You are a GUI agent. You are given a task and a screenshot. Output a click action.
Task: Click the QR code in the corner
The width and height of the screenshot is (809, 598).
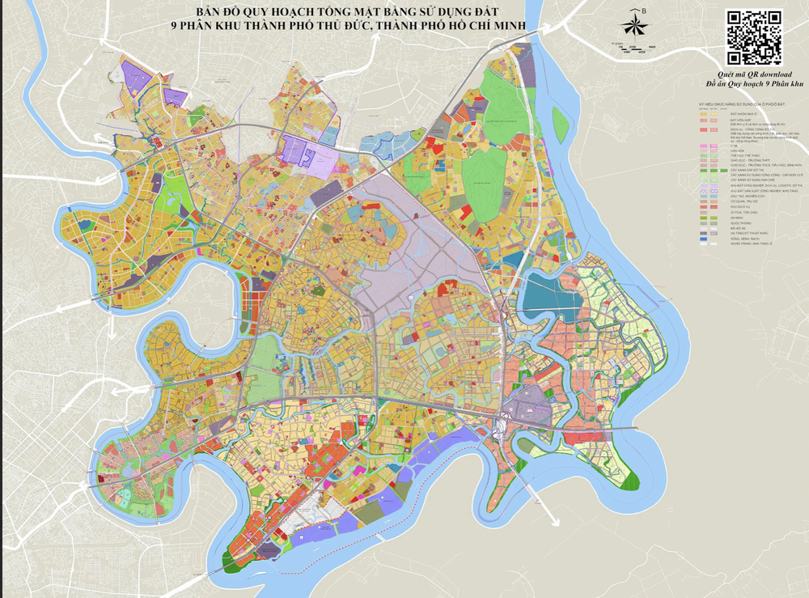754,37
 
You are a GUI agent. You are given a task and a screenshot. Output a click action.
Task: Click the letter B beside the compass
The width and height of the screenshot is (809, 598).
644,11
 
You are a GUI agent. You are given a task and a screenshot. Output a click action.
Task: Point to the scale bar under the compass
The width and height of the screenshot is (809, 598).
633,49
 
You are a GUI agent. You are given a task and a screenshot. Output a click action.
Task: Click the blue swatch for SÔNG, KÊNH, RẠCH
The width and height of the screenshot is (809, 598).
703,239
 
